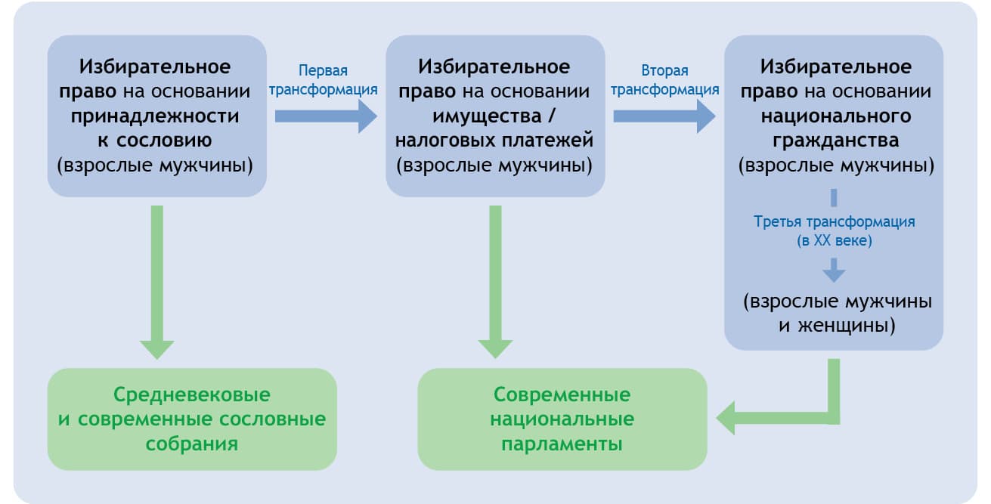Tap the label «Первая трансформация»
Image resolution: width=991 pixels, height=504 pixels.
[324, 80]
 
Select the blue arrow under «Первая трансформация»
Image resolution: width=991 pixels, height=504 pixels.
[325, 116]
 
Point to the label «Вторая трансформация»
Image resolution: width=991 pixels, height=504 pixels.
[664, 80]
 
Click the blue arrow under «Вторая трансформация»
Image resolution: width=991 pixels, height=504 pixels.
[664, 116]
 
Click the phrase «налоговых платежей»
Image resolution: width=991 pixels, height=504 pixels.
[494, 141]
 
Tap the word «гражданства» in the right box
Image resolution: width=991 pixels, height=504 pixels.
[835, 141]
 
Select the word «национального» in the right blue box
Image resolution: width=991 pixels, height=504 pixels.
[835, 117]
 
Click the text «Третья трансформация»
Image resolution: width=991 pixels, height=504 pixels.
[835, 222]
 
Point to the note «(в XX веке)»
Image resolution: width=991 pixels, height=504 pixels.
[835, 241]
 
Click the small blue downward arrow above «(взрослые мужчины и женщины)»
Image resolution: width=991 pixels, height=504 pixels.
[835, 270]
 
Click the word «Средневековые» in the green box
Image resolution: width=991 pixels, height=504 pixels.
[192, 394]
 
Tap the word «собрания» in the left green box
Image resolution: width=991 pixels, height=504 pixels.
[192, 444]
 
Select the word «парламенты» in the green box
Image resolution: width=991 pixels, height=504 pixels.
[562, 444]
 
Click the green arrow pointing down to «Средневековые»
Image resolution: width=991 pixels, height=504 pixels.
[157, 280]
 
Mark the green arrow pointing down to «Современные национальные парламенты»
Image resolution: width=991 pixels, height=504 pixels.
[496, 280]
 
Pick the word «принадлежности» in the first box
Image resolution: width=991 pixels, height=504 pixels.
[155, 117]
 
